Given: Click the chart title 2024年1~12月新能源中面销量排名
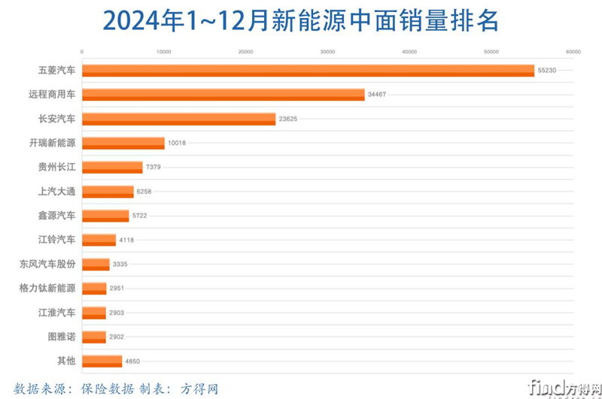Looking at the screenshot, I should (x=301, y=21).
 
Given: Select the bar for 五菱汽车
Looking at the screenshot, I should (x=307, y=71).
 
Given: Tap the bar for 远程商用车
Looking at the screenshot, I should (x=223, y=95).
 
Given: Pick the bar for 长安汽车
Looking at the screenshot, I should (x=178, y=119).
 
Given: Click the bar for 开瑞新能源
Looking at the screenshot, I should (x=123, y=143).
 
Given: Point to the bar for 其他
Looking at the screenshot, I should (x=102, y=361).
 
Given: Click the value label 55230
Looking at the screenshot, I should (x=546, y=71).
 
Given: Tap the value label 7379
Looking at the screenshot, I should (x=154, y=167).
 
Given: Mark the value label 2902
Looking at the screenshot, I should (x=117, y=337).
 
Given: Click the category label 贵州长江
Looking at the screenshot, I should (x=56, y=167).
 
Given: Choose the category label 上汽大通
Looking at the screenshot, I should (x=56, y=191).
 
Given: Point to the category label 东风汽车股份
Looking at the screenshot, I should (x=47, y=264).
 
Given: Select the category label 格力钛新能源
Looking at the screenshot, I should (x=47, y=288).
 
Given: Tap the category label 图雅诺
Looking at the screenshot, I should (x=61, y=337).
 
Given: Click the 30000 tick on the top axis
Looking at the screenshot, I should (x=327, y=52).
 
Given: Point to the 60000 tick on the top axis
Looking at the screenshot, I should (x=573, y=52).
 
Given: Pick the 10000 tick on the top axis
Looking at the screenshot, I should (x=163, y=52).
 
